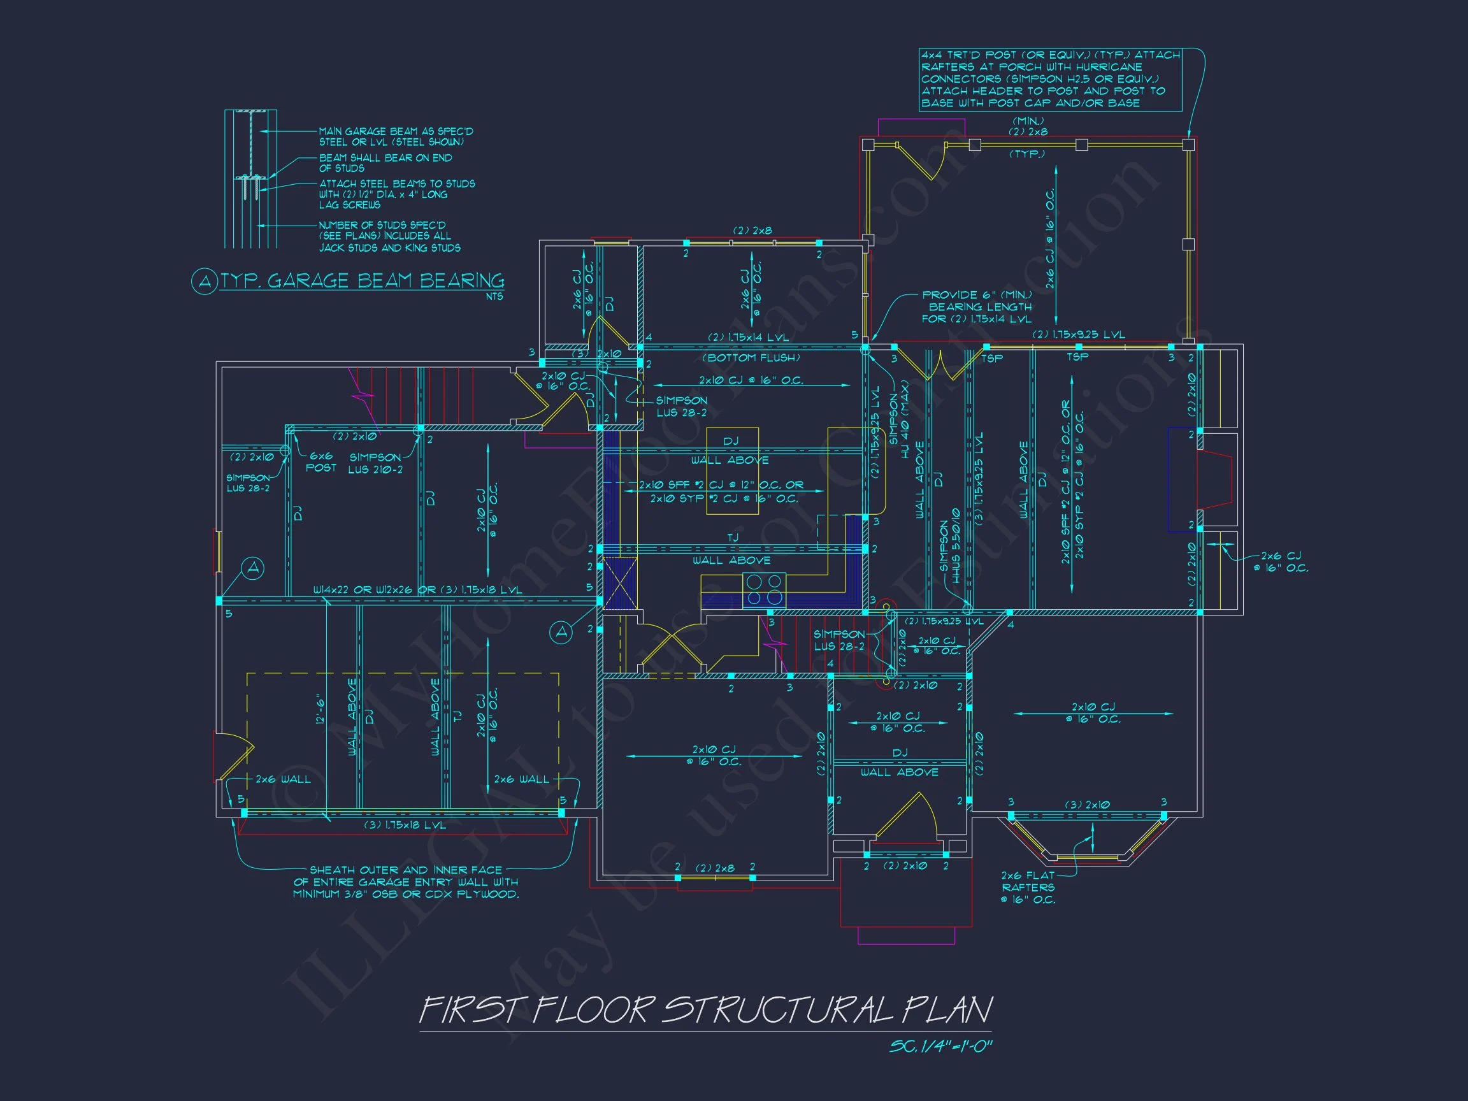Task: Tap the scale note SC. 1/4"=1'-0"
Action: [x=940, y=1047]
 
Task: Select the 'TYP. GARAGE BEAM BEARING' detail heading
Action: [x=362, y=281]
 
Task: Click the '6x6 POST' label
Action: [x=320, y=462]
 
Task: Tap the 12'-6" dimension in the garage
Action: [x=320, y=709]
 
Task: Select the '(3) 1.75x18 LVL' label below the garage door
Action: [x=405, y=825]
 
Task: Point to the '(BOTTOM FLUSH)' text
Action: [x=751, y=357]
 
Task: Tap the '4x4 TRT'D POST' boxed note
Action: [x=1050, y=79]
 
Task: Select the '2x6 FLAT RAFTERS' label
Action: [x=1028, y=888]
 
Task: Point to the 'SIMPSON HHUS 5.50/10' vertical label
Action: [x=950, y=546]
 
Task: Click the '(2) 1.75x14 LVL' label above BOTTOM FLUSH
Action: [x=748, y=337]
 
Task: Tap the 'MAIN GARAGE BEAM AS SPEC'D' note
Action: [x=396, y=137]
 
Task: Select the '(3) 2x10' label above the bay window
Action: [x=1086, y=804]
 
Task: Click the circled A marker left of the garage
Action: [x=253, y=568]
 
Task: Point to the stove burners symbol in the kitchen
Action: [x=764, y=590]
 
